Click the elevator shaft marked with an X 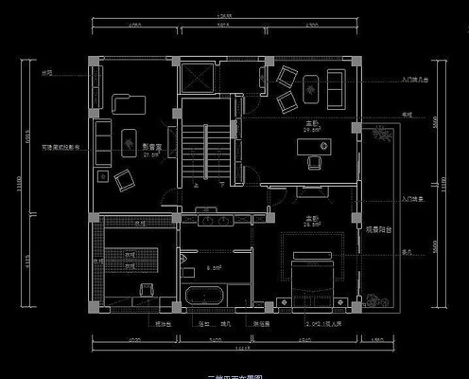200,77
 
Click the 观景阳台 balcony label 379,228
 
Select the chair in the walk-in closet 145,290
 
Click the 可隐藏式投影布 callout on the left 60,147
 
